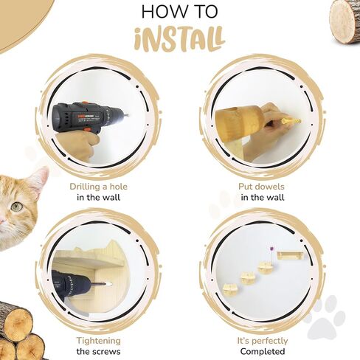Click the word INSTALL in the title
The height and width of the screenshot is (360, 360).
180,40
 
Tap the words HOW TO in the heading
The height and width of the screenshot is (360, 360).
180,12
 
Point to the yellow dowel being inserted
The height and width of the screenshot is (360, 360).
291,121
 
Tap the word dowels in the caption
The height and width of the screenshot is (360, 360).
270,187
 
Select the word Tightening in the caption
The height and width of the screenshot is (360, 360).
98,341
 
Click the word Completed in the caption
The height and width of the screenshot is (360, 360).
263,352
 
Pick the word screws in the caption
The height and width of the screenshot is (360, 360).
106,352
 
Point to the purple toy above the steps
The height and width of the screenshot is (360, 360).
272,249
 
